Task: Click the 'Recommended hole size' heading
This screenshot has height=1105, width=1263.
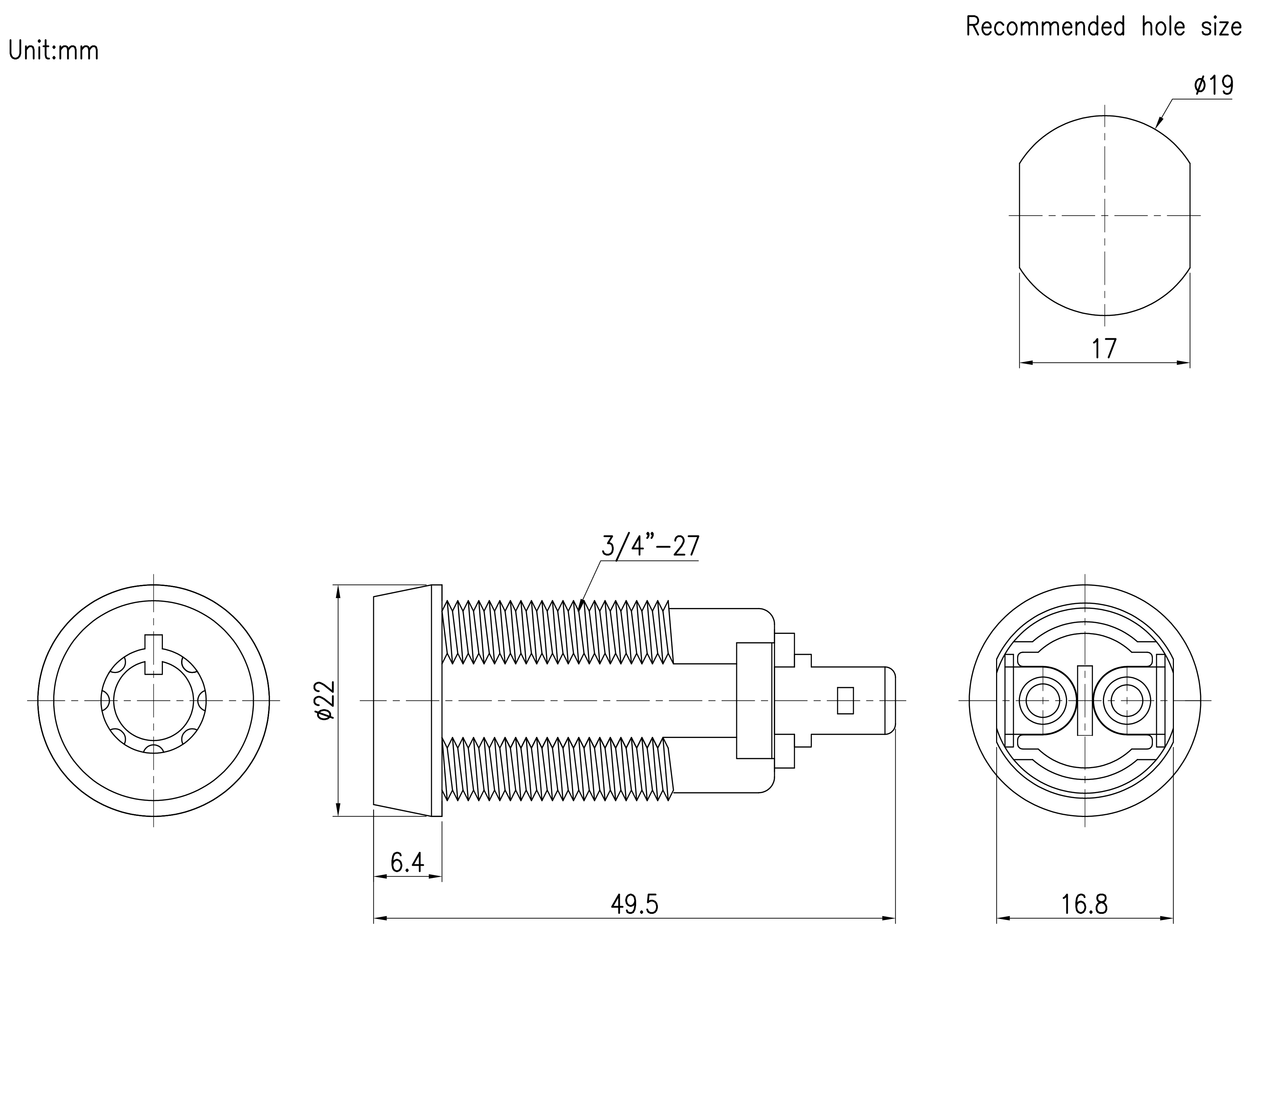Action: click(1103, 26)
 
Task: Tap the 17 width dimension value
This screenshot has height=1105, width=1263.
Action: click(1104, 349)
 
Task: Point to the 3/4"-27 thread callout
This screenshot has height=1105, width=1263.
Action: click(650, 546)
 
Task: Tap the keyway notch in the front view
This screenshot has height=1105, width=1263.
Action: click(154, 654)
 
